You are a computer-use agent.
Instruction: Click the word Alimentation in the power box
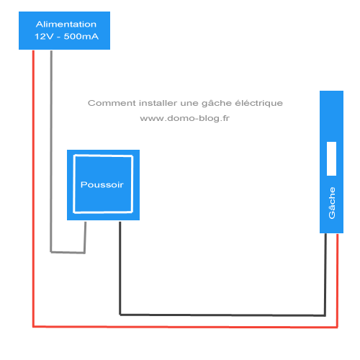(x=66, y=24)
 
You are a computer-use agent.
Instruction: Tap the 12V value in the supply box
(x=44, y=37)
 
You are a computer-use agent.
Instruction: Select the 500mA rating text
(x=81, y=37)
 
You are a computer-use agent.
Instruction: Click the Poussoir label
(x=102, y=184)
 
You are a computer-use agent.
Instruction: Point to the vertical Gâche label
(x=332, y=203)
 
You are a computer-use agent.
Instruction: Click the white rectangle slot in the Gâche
(x=331, y=158)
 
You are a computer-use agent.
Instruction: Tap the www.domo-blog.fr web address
(x=185, y=118)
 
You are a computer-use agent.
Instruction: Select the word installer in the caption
(x=158, y=103)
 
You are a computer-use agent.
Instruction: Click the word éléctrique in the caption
(x=258, y=104)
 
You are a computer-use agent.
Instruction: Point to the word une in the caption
(x=189, y=104)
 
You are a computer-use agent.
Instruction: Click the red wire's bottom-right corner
(x=337, y=327)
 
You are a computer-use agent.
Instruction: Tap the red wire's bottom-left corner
(x=33, y=326)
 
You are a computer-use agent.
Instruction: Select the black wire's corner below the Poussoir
(x=120, y=314)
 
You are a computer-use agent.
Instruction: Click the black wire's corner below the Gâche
(x=325, y=315)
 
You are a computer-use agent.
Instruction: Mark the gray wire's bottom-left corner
(x=51, y=252)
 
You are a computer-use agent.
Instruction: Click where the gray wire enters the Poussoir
(x=86, y=221)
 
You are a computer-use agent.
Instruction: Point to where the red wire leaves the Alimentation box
(x=33, y=50)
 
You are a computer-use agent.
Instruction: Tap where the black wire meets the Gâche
(x=325, y=233)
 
